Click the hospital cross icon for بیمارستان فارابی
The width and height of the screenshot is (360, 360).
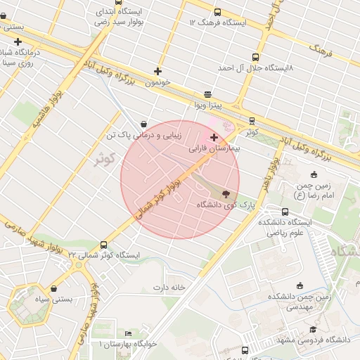[214, 137]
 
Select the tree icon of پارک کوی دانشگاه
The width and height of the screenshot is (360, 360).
[226, 193]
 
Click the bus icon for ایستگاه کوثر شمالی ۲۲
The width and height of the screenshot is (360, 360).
[104, 245]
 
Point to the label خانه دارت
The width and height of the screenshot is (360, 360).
[169, 288]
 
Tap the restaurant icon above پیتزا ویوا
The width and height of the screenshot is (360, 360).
[207, 94]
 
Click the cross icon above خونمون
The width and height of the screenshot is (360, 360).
[157, 71]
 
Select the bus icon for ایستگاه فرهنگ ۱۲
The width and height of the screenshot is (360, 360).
[217, 12]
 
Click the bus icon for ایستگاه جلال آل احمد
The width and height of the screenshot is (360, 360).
[255, 57]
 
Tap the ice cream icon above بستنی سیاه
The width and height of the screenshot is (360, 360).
[54, 288]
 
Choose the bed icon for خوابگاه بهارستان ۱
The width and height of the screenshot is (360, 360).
[128, 333]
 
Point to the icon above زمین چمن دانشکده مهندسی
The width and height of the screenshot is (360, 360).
[300, 285]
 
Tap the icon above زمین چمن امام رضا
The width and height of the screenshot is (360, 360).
[314, 175]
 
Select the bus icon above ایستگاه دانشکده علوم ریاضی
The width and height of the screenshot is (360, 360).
[285, 212]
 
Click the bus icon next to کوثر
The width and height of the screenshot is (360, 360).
[252, 122]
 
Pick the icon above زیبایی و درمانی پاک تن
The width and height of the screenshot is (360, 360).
[143, 124]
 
